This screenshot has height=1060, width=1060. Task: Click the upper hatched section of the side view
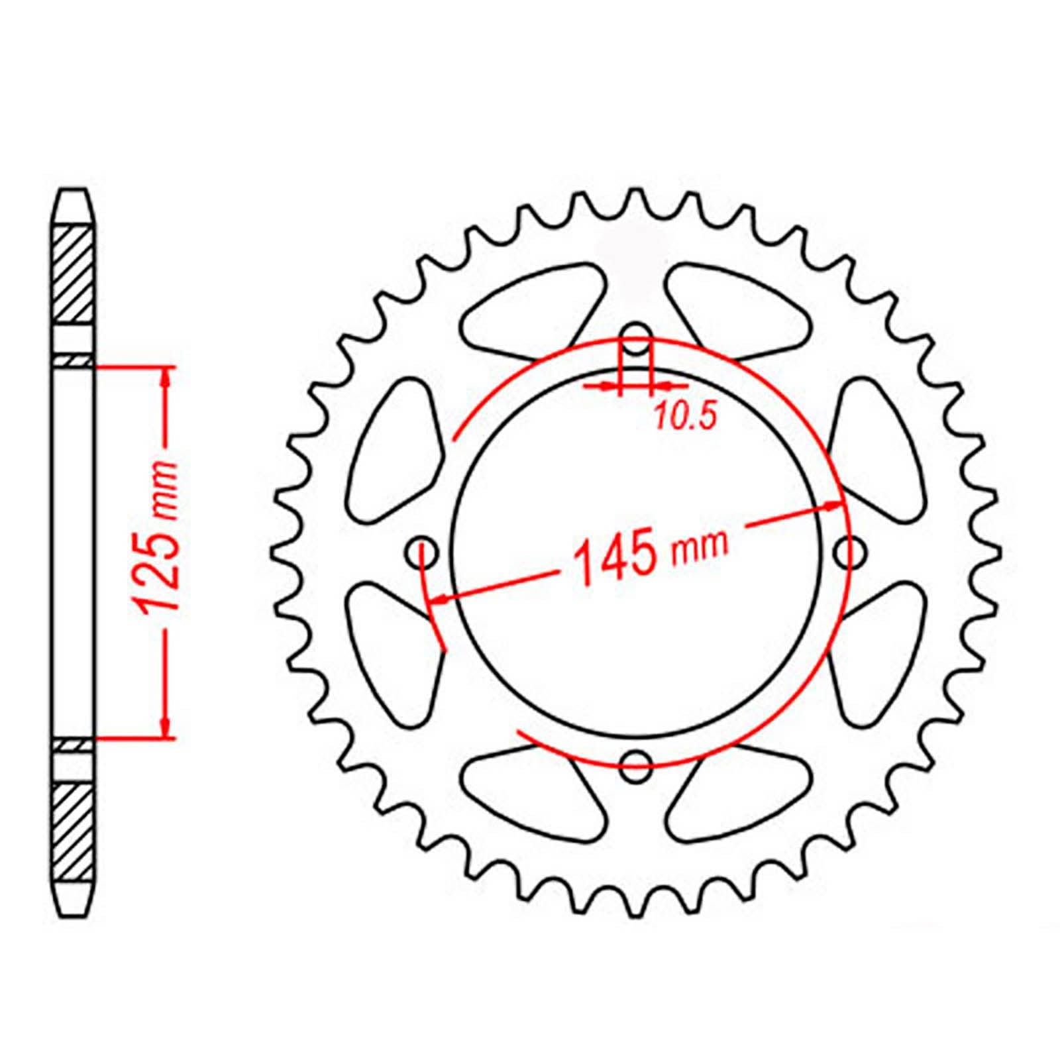(x=72, y=274)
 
